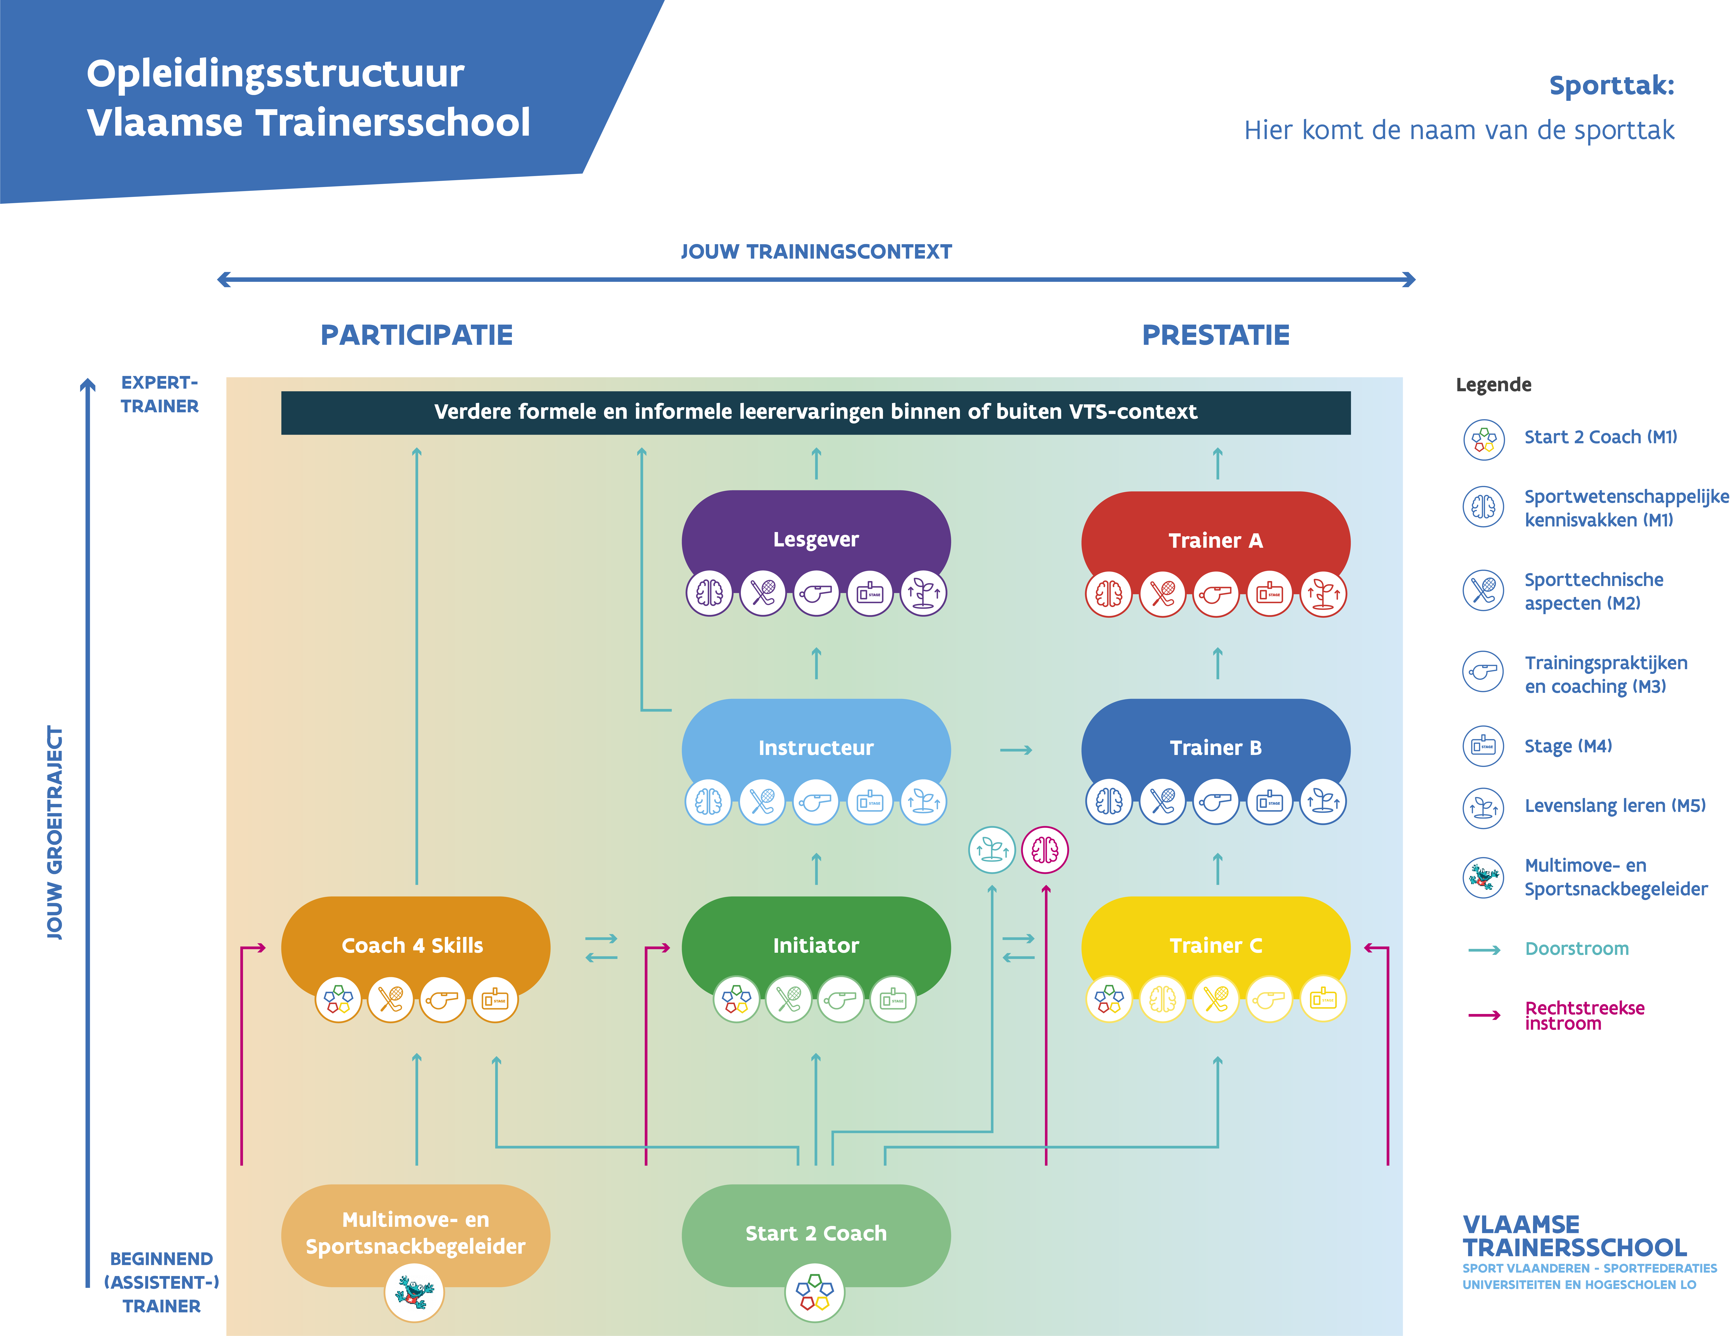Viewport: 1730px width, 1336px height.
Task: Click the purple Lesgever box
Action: point(816,538)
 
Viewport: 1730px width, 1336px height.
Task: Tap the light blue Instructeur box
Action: point(816,748)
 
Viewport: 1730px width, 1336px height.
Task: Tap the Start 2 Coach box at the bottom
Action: point(816,1234)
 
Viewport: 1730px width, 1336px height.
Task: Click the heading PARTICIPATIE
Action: point(417,335)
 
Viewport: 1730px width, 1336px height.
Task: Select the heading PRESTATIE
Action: point(1216,335)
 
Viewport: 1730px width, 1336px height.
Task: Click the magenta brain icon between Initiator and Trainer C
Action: point(1045,850)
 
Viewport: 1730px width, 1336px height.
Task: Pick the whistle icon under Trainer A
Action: point(1216,594)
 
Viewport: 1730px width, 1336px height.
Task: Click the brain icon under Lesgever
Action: point(709,592)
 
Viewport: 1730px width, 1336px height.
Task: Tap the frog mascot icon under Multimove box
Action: point(414,1292)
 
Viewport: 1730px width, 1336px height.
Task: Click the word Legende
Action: point(1493,385)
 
